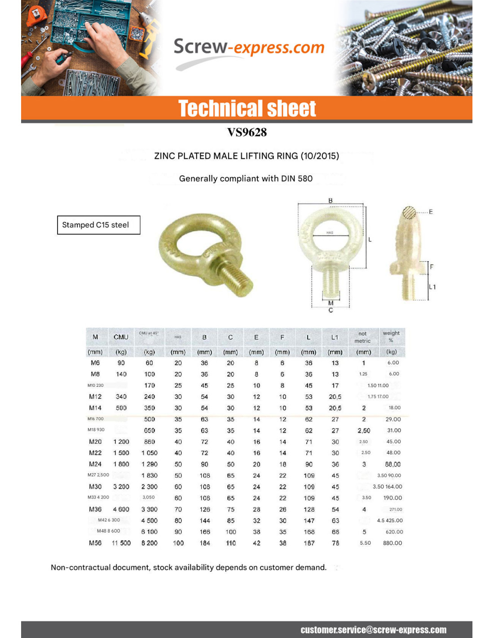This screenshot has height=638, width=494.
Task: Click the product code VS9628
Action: [247, 132]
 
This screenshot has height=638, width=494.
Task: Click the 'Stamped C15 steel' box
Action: [98, 225]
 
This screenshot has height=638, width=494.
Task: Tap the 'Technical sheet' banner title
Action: [247, 109]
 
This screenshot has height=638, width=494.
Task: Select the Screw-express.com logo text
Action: [249, 47]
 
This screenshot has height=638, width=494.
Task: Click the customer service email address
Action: [373, 629]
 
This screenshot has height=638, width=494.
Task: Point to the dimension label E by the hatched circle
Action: [431, 212]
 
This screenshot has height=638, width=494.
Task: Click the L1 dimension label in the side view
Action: [432, 287]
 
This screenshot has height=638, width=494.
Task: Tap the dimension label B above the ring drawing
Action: [331, 201]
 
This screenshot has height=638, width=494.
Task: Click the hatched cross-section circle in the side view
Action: [409, 213]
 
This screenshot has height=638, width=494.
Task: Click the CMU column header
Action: [121, 337]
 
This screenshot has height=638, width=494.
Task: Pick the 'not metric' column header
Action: [362, 337]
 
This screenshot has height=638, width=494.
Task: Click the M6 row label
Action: [95, 363]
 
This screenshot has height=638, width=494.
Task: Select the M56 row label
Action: [95, 543]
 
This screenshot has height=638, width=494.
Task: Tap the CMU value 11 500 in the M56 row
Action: [121, 543]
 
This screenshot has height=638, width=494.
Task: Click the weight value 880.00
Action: [393, 543]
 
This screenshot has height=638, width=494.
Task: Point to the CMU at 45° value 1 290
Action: [150, 464]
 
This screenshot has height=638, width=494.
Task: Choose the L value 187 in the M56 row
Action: [309, 543]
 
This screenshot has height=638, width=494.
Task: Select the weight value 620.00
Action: [394, 532]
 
